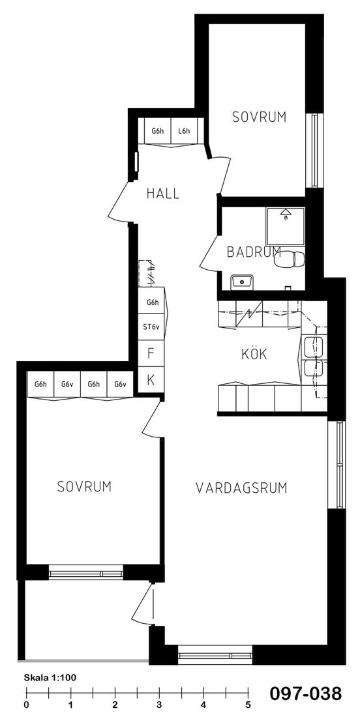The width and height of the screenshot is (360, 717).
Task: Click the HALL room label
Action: (163, 194)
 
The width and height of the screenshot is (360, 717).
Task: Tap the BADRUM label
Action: (254, 252)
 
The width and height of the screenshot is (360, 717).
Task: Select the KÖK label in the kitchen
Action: (254, 353)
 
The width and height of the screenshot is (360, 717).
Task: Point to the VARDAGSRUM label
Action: (241, 488)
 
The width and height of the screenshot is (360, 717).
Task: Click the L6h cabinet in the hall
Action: (184, 131)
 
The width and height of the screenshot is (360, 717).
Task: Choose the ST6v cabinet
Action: (151, 327)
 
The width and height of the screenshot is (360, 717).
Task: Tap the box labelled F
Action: (151, 353)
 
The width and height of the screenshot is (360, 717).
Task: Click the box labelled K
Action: (151, 379)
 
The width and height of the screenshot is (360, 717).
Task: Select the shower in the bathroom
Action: (286, 227)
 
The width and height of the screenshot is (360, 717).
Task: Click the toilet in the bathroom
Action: (291, 259)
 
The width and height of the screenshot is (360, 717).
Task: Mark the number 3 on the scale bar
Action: (159, 705)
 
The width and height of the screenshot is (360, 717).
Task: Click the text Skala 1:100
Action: (50, 678)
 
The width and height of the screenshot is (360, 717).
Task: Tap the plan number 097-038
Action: (305, 694)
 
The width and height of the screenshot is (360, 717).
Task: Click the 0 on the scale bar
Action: (27, 705)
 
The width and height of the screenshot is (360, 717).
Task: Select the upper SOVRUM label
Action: (260, 117)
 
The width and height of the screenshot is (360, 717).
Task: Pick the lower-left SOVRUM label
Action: (85, 486)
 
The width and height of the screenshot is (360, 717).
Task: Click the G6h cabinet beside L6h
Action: (157, 131)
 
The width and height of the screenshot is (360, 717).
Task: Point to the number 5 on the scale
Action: (248, 705)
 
